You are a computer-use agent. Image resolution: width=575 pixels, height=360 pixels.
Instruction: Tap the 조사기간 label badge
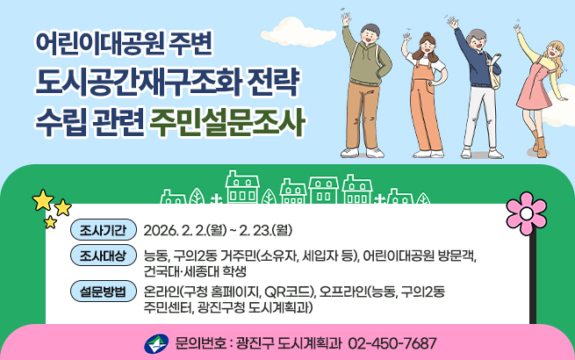click(x=102, y=231)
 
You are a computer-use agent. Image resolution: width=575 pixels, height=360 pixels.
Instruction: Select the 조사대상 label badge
click(x=102, y=256)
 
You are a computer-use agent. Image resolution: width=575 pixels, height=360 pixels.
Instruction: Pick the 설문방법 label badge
click(x=102, y=292)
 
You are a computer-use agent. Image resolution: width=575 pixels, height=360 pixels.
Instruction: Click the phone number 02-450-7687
click(x=392, y=342)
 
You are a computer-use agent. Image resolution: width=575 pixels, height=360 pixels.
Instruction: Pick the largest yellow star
click(x=42, y=200)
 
